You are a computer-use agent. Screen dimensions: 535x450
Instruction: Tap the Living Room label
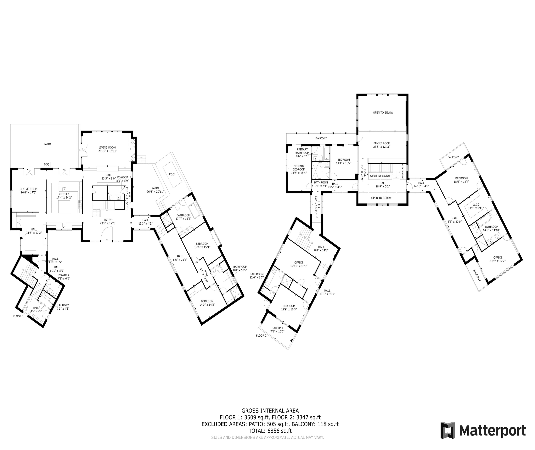click(x=107, y=147)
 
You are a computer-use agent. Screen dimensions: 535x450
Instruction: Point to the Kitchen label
click(x=64, y=194)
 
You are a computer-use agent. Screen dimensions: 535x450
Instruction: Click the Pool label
click(x=172, y=174)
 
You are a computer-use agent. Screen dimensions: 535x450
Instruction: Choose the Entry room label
click(x=108, y=220)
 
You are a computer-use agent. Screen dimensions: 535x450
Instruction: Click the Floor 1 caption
click(x=18, y=316)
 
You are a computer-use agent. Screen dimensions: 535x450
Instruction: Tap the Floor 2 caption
click(x=261, y=335)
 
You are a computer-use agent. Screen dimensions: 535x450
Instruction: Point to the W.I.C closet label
click(x=476, y=205)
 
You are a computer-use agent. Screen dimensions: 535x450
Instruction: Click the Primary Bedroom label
click(x=299, y=168)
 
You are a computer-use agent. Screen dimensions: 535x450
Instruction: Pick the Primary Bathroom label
click(x=302, y=151)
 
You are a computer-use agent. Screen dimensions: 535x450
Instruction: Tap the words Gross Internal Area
click(x=270, y=411)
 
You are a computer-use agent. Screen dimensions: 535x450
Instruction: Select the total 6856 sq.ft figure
click(x=279, y=431)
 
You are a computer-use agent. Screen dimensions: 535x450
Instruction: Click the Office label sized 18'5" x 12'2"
click(x=498, y=257)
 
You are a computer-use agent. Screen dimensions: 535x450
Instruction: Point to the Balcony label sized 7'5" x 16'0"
click(x=277, y=328)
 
